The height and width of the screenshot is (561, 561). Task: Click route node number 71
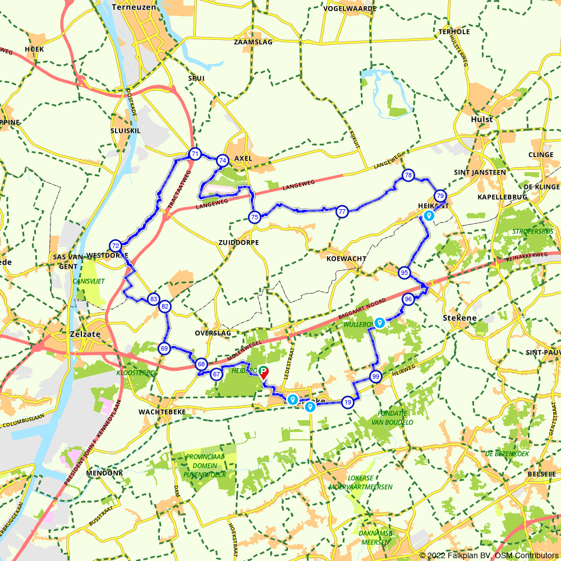click(195, 154)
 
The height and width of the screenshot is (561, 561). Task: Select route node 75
click(255, 217)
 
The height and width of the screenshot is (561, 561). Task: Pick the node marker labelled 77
click(342, 211)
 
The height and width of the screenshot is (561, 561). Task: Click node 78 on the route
click(408, 176)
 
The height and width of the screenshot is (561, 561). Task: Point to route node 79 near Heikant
click(440, 196)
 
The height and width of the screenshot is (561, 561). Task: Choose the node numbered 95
click(404, 273)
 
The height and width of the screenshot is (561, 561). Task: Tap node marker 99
click(376, 376)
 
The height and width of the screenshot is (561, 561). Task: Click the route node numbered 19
click(348, 402)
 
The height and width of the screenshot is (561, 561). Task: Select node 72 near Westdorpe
click(116, 246)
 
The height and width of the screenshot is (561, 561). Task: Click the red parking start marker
click(263, 373)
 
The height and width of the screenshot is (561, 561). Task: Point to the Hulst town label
click(482, 119)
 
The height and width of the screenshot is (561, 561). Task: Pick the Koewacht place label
click(346, 259)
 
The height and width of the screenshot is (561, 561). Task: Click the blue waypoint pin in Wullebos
click(380, 323)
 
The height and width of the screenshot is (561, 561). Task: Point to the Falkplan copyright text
click(489, 555)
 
